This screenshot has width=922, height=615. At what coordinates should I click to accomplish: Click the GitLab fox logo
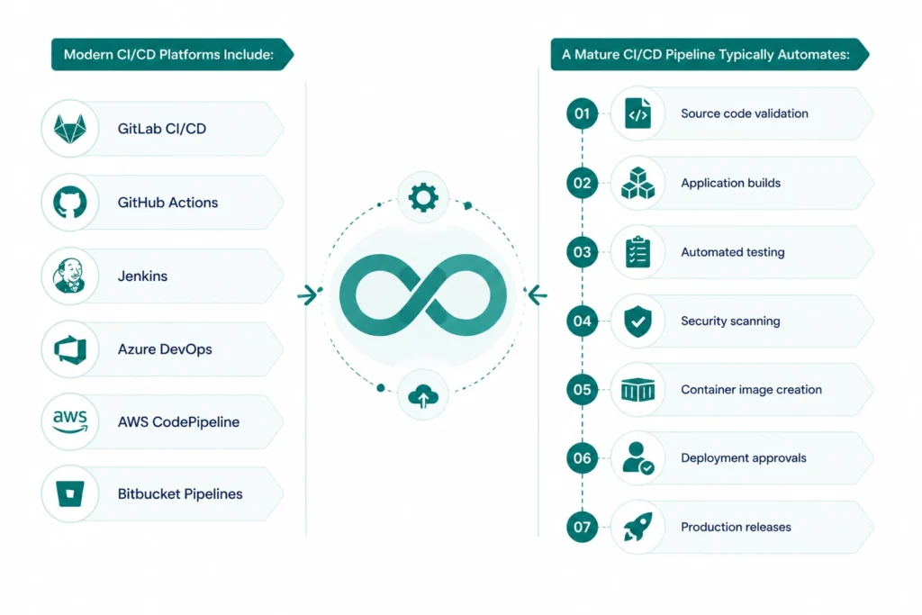pyautogui.click(x=70, y=128)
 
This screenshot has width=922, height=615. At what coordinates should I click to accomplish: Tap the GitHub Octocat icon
pyautogui.click(x=70, y=202)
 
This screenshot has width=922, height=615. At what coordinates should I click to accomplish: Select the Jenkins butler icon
pyautogui.click(x=69, y=276)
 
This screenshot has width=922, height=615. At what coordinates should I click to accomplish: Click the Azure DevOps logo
pyautogui.click(x=70, y=349)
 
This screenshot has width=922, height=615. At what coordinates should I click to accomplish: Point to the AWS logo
pyautogui.click(x=70, y=421)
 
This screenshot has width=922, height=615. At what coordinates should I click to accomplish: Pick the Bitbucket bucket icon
pyautogui.click(x=70, y=493)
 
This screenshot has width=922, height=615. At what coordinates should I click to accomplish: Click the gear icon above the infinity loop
pyautogui.click(x=423, y=197)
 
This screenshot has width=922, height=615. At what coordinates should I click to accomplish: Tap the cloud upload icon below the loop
pyautogui.click(x=423, y=395)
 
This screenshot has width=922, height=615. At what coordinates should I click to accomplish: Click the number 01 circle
pyautogui.click(x=583, y=113)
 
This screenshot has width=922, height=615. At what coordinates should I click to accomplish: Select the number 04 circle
pyautogui.click(x=583, y=321)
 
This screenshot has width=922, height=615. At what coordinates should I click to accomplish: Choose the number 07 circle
pyautogui.click(x=583, y=527)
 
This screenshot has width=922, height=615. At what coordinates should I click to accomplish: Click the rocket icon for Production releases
pyautogui.click(x=638, y=526)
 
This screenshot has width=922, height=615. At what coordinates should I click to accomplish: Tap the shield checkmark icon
pyautogui.click(x=638, y=321)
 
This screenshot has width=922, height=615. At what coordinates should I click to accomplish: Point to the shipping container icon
pyautogui.click(x=638, y=390)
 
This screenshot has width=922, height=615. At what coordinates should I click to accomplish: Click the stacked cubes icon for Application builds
pyautogui.click(x=638, y=183)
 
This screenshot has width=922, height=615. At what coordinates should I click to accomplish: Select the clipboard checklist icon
pyautogui.click(x=638, y=252)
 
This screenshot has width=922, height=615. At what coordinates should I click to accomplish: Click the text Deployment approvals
pyautogui.click(x=743, y=458)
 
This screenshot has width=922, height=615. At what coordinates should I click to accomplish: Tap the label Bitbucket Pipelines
pyautogui.click(x=180, y=493)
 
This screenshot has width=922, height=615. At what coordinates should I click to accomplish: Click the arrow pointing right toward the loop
pyautogui.click(x=307, y=294)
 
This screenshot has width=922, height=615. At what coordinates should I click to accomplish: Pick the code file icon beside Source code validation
pyautogui.click(x=638, y=113)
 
